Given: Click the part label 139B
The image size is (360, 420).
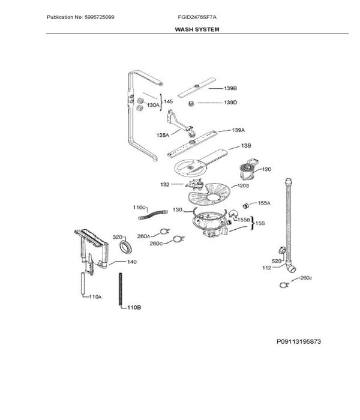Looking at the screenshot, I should (x=231, y=89).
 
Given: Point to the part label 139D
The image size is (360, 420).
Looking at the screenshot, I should (x=231, y=103).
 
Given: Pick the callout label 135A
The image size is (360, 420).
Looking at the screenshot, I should (x=163, y=136).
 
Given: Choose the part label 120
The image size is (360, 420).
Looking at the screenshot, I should (x=266, y=170).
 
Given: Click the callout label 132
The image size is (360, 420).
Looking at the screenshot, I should (x=165, y=185).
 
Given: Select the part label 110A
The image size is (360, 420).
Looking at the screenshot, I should (x=94, y=298).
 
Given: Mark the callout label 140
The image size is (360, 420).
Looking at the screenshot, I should (x=132, y=262).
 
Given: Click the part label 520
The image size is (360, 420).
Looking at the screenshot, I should (x=276, y=262).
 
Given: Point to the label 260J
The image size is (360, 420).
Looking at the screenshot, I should (x=305, y=278).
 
